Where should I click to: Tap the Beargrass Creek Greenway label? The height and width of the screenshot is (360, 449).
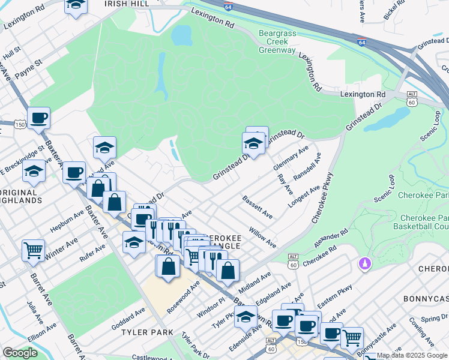277,41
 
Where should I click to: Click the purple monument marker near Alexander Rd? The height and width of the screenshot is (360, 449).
363,263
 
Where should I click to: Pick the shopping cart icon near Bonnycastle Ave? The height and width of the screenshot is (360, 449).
352,337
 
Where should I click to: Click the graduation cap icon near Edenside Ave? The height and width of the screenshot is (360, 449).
246,316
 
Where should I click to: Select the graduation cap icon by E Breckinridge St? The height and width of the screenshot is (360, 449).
34,172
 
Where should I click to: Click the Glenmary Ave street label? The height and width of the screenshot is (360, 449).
291,157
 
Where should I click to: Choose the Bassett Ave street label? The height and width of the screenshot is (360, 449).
258,206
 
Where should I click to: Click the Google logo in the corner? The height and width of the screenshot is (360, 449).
20,352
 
